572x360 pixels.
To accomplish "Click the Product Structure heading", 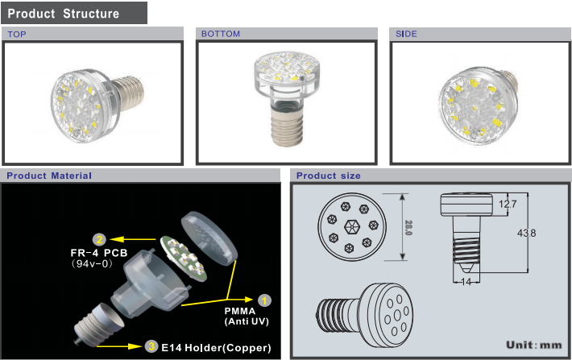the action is tap(63, 14).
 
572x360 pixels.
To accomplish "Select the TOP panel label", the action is tap(17, 35).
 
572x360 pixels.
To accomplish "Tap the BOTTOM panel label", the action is tap(221, 34).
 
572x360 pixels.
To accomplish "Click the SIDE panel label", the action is tap(406, 34).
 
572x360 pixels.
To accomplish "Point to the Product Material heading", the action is tap(49, 176).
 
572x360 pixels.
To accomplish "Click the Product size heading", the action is tap(329, 176).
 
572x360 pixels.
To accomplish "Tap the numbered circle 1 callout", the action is tap(264, 300).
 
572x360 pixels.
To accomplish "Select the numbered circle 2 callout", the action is tap(99, 240).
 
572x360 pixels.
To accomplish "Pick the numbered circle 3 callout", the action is tap(151, 346).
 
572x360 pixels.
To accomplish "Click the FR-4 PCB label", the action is tap(99, 253).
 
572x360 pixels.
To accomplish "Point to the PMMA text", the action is tap(239, 311).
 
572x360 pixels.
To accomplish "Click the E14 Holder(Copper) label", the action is tap(217, 348).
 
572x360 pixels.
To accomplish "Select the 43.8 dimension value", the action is tap(526, 233).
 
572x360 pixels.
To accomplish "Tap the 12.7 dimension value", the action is tap(508, 204).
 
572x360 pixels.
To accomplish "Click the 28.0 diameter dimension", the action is tap(408, 228).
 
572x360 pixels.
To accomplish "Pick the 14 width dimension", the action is tap(466, 282).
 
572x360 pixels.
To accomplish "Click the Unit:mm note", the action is tap(533, 345).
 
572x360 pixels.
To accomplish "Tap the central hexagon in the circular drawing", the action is tap(352, 227).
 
